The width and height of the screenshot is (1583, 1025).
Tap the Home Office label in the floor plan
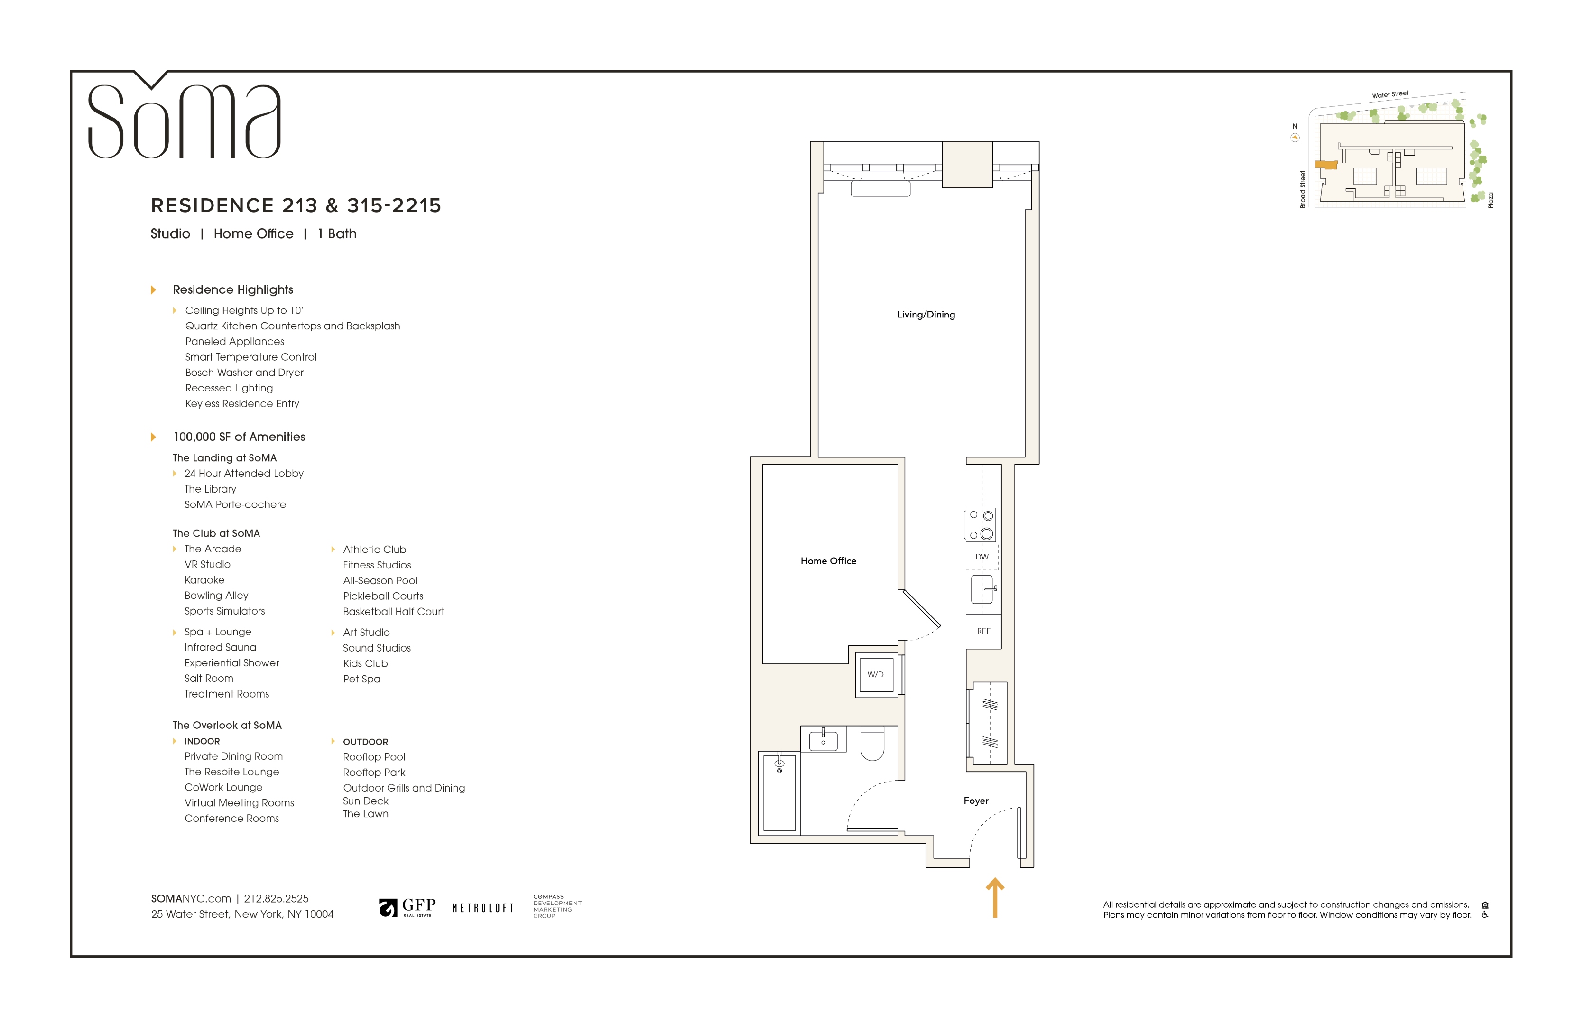tap(828, 561)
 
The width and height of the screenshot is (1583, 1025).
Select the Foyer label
tap(976, 801)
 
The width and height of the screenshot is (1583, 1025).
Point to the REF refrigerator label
tap(983, 631)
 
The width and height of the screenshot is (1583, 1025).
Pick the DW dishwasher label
tap(982, 557)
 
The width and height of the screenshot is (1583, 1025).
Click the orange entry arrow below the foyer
tap(994, 897)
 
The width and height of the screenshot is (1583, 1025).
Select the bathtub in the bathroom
tap(779, 792)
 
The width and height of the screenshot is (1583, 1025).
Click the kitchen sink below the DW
tap(982, 589)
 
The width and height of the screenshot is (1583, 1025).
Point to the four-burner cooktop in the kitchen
tap(981, 525)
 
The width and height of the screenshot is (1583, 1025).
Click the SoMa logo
tap(184, 116)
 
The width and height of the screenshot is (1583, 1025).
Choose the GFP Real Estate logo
tap(407, 907)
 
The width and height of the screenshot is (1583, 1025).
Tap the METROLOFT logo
tap(483, 908)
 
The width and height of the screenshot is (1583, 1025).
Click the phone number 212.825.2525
tap(276, 899)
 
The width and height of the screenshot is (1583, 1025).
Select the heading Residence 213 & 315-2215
tap(296, 205)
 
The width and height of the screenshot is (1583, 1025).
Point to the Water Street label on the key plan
tap(1390, 94)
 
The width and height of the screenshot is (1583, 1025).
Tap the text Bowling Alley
tap(216, 596)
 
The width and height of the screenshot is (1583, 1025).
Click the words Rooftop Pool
tap(374, 757)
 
